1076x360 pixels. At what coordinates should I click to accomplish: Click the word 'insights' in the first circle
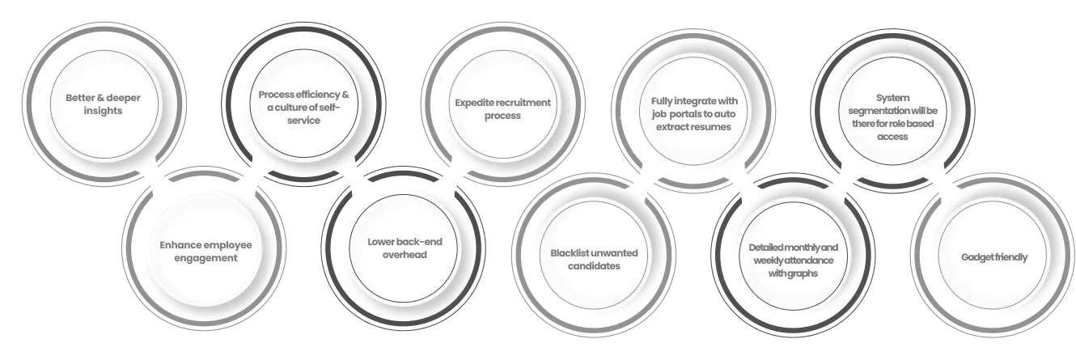pyautogui.click(x=102, y=110)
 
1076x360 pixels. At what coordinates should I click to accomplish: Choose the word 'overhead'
pyautogui.click(x=405, y=254)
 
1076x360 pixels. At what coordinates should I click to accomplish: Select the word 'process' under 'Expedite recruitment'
pyautogui.click(x=502, y=116)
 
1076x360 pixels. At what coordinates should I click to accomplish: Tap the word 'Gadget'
pyautogui.click(x=976, y=257)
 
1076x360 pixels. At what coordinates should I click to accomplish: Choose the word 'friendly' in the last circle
pyautogui.click(x=1012, y=257)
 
